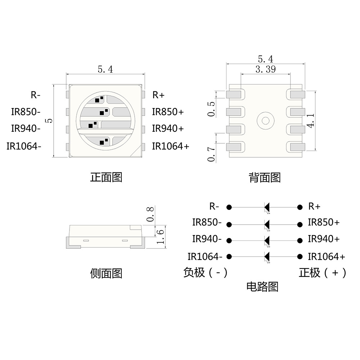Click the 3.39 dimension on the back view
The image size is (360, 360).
(x=265, y=69)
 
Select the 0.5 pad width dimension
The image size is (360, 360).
(x=212, y=109)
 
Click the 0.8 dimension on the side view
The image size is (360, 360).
(x=151, y=214)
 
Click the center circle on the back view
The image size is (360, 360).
(x=266, y=120)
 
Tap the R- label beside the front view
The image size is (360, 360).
(x=35, y=95)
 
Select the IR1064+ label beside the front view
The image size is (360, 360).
(x=170, y=146)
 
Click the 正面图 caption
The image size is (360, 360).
(x=106, y=177)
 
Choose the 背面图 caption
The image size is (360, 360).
(x=265, y=177)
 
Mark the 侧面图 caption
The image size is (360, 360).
(x=106, y=274)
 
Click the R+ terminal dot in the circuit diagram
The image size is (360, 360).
(x=300, y=207)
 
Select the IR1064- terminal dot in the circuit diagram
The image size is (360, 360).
(x=229, y=257)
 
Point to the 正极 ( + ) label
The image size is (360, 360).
(x=323, y=273)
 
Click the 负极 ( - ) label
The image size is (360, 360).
(x=206, y=273)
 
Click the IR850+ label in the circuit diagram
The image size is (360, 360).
(x=324, y=222)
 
